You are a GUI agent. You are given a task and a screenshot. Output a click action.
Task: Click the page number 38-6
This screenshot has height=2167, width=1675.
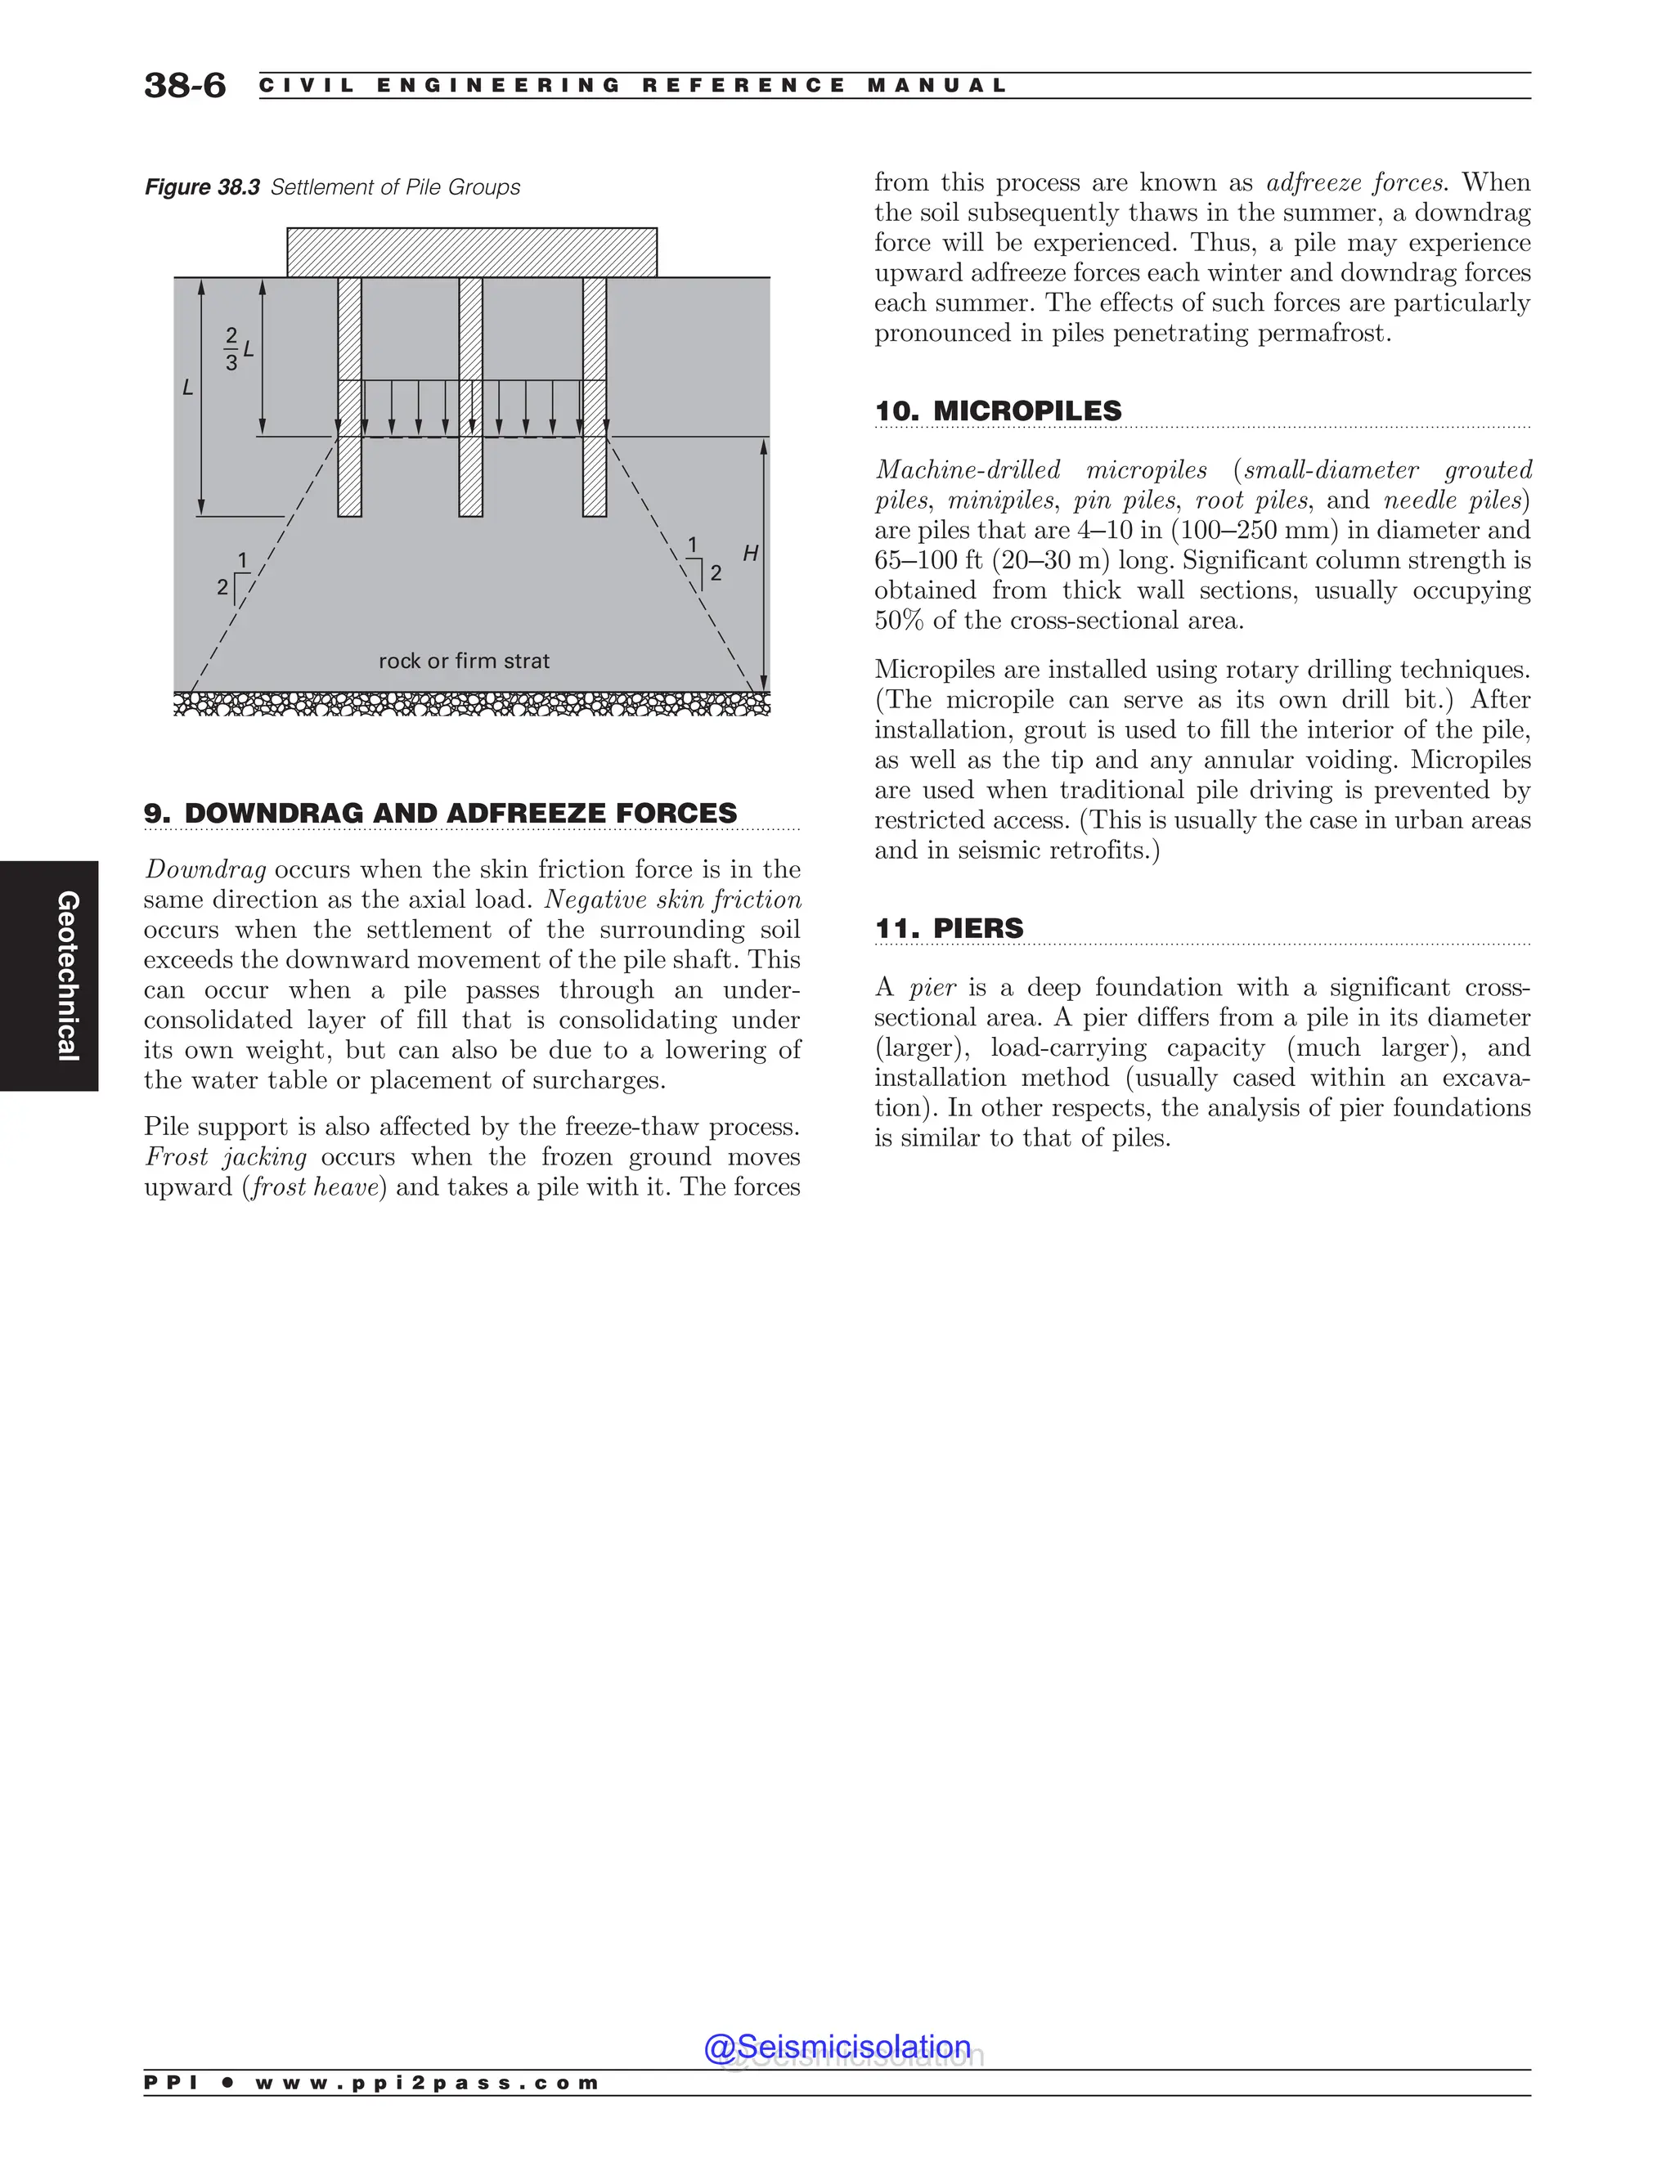185,85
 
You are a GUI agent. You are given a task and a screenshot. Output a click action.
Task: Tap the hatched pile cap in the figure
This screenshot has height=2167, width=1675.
471,252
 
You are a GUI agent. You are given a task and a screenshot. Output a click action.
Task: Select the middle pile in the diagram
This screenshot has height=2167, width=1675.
471,397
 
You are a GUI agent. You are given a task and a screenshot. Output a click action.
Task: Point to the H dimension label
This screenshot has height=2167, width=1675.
750,554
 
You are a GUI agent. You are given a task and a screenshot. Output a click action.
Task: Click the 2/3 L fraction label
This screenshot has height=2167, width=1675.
236,350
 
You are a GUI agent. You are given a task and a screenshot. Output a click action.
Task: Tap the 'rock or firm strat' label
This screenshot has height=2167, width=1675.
464,661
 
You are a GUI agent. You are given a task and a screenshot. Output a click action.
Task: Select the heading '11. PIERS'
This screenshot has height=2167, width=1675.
949,929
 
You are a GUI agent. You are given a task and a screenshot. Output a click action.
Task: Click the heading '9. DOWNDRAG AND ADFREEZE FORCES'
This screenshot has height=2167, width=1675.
441,814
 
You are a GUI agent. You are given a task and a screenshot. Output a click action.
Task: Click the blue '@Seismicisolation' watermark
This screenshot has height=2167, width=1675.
837,2047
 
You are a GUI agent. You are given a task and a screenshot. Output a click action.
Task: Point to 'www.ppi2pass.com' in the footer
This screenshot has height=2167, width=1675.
427,2083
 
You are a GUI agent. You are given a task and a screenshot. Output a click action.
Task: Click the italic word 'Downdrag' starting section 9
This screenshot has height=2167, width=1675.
205,870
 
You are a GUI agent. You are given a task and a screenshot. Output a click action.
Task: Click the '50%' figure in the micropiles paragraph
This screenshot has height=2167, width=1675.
898,621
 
